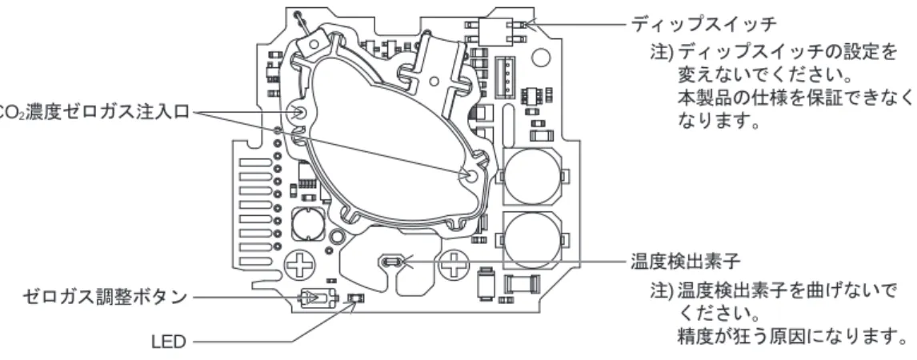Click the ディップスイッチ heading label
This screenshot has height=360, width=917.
pos(703,25)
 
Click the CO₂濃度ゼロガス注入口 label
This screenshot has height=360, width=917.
pos(94,112)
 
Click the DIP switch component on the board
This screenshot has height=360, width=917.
pos(495,31)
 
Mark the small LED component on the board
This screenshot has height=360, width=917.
pos(353,299)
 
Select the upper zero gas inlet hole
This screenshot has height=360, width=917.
pos(299,113)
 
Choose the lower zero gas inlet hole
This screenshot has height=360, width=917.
pos(468,174)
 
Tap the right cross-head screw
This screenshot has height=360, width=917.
pos(453,266)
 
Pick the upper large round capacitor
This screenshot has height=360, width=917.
pos(531,175)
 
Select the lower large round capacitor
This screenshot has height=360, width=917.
pos(531,240)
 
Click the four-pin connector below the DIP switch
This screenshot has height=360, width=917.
pos(505,76)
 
